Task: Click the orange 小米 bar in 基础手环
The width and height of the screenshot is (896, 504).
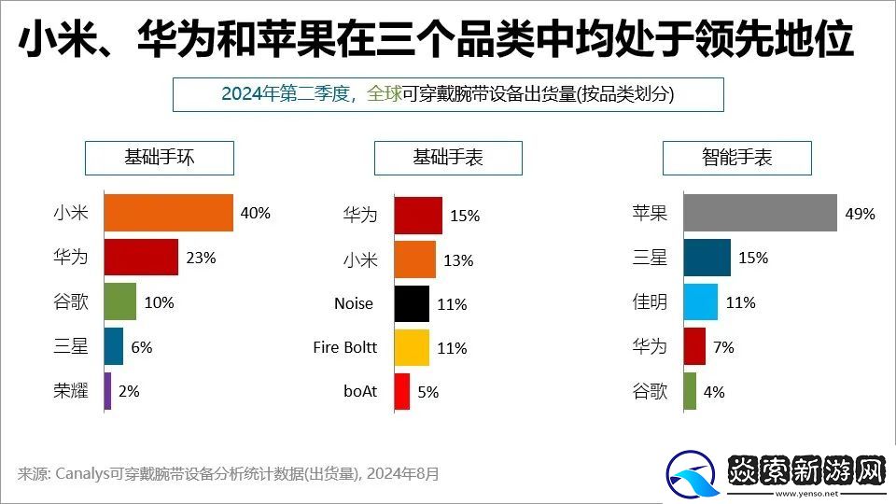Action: pyautogui.click(x=168, y=213)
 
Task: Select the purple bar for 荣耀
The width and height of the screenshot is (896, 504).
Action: pyautogui.click(x=108, y=391)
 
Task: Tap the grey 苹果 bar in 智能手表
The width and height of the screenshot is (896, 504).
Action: pyautogui.click(x=760, y=213)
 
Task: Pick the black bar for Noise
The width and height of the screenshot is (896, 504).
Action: pyautogui.click(x=411, y=303)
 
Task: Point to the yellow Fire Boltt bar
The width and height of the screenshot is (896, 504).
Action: pyautogui.click(x=411, y=347)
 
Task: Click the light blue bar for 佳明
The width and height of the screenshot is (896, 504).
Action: pyautogui.click(x=700, y=302)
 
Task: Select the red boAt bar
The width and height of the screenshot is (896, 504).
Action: pyautogui.click(x=401, y=391)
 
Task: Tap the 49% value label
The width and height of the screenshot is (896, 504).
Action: pyautogui.click(x=860, y=214)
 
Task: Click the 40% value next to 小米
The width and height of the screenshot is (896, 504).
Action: pyautogui.click(x=255, y=213)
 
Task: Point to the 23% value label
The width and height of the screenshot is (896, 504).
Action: pyautogui.click(x=201, y=258)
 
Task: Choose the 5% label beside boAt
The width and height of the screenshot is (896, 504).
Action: pyautogui.click(x=427, y=392)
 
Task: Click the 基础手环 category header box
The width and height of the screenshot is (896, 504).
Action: pyautogui.click(x=159, y=158)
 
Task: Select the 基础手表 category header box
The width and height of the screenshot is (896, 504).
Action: pyautogui.click(x=448, y=158)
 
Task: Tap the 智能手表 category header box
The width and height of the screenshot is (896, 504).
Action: pyautogui.click(x=736, y=158)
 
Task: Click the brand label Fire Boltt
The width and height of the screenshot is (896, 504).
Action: pyautogui.click(x=344, y=347)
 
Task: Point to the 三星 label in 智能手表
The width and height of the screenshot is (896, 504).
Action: pyautogui.click(x=650, y=258)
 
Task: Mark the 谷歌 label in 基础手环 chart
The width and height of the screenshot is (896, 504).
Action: pyautogui.click(x=71, y=302)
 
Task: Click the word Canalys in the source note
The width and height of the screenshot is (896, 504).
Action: pyautogui.click(x=89, y=473)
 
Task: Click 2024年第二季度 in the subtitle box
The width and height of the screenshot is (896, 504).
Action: pyautogui.click(x=284, y=94)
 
